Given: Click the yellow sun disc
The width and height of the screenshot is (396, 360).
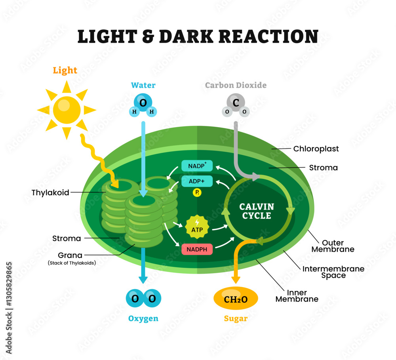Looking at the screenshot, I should point(67,110).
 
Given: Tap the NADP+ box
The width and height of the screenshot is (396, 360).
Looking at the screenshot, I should point(197,166).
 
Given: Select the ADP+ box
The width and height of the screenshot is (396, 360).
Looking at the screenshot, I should point(197,181).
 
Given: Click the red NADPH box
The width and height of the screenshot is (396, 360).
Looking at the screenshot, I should point(197,249).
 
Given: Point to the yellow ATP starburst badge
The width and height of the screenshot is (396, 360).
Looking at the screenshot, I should point(197,227).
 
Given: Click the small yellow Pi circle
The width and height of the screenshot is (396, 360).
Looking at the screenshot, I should point(197,193).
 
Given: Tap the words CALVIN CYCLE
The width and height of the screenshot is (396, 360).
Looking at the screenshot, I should point(257,211).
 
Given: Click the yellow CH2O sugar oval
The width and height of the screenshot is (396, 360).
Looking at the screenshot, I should point(236,299).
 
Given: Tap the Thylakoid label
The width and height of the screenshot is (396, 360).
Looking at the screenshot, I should point(50,193).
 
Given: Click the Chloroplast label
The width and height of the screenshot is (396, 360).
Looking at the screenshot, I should point(316,149).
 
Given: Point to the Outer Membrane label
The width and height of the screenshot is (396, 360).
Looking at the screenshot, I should point(333,246).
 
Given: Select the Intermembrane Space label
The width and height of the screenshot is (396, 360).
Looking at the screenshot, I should point(333,272).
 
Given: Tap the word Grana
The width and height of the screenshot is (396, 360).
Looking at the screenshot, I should point(70,255).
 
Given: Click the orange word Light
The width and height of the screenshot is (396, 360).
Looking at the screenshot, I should point(65,70).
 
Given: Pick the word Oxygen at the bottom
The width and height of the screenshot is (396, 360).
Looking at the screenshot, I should point(143,318).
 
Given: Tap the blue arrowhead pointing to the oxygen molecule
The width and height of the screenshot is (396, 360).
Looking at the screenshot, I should point(143,279).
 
